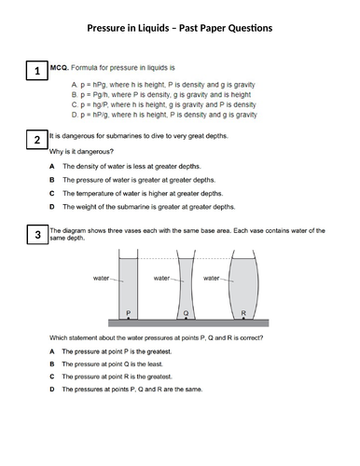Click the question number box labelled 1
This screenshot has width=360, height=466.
coord(37,71)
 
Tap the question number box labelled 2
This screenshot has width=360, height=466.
coord(37,140)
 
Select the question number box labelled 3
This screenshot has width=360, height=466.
coord(37,235)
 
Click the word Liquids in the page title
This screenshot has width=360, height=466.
coord(154,28)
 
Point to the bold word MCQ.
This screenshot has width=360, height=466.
coord(60,67)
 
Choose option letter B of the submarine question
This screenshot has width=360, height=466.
coord(52,180)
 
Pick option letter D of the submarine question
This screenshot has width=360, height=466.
coord(52,207)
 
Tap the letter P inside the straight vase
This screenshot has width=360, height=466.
coord(129,313)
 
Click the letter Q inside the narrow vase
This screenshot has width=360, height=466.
coord(186,313)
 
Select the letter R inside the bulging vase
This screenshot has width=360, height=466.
coord(243,313)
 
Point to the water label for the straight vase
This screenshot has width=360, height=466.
coord(101,278)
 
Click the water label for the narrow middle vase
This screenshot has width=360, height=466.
coord(161,278)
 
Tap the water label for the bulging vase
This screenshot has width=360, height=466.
coord(212,278)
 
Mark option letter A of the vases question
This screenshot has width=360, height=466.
coord(52,351)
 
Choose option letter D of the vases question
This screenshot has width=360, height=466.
coord(52,389)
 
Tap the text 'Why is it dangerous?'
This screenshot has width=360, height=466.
coord(81,152)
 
